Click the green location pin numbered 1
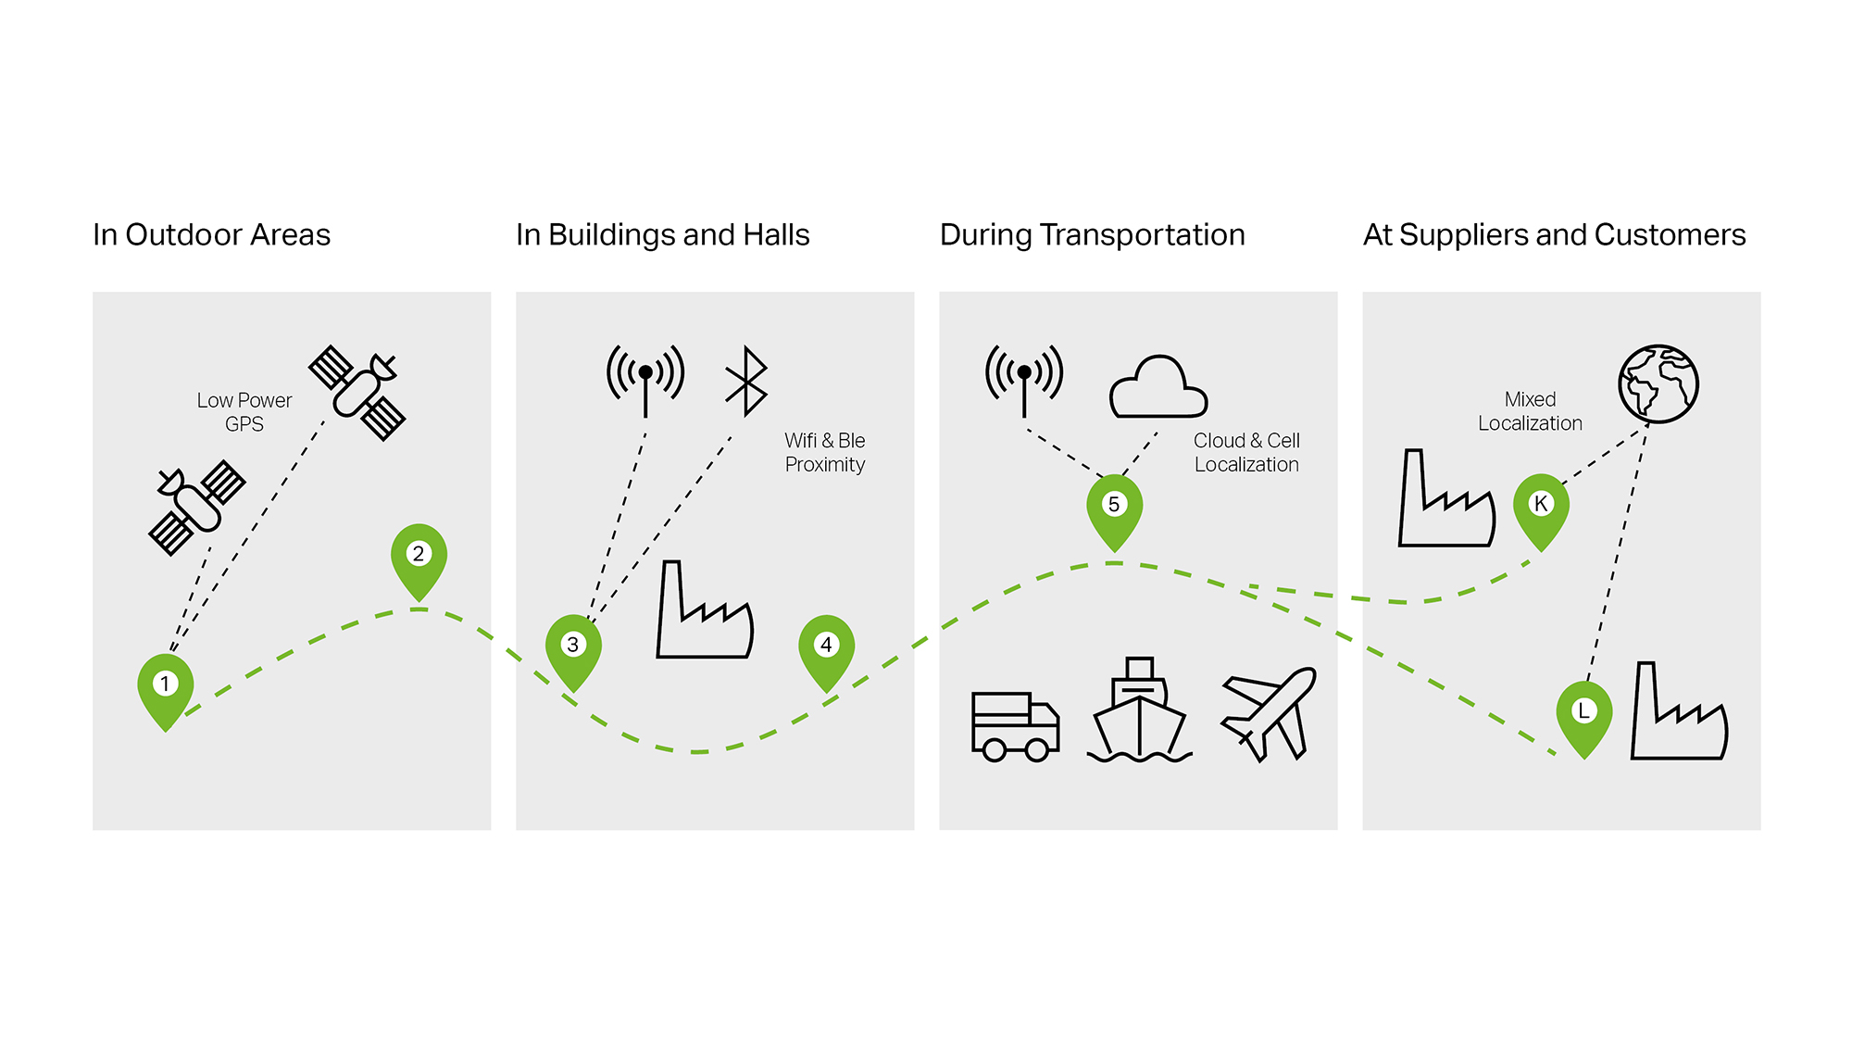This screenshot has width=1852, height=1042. [x=166, y=690]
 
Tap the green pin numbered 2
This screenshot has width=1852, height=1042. [x=419, y=560]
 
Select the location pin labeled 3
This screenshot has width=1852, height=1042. [x=573, y=651]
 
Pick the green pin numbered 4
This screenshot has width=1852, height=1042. [x=827, y=651]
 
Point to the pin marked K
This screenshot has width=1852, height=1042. [x=1541, y=510]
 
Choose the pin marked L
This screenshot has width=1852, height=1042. [x=1584, y=718]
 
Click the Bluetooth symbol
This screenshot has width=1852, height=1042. [x=746, y=382]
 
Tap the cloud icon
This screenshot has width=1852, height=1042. [x=1158, y=386]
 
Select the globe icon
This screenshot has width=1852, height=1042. [x=1658, y=383]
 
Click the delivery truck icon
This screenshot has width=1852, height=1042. [x=1015, y=726]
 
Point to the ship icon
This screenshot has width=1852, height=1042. [x=1140, y=710]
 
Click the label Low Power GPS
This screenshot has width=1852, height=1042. [x=244, y=412]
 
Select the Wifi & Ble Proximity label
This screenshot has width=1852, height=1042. [x=825, y=452]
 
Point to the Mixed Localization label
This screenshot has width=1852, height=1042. [x=1530, y=411]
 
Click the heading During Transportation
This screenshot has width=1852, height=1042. [x=1093, y=235]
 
